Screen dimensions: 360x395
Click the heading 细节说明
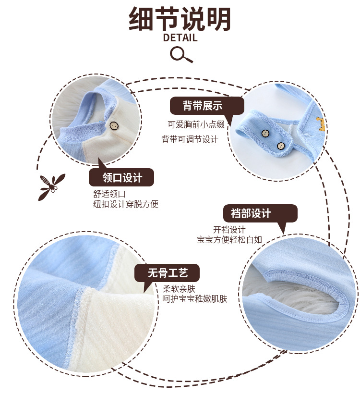(180, 19)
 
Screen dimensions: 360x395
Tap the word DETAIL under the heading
(180, 37)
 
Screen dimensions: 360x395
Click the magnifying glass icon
(181, 54)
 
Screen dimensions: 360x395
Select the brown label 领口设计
(122, 177)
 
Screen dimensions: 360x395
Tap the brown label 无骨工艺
(167, 273)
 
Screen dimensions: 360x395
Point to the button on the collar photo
(114, 126)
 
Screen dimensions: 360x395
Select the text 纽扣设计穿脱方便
(126, 204)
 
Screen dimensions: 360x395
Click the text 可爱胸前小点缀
(196, 124)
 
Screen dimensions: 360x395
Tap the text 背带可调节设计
(190, 139)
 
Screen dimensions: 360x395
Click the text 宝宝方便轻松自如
(229, 239)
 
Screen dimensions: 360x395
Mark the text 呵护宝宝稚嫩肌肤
(195, 299)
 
